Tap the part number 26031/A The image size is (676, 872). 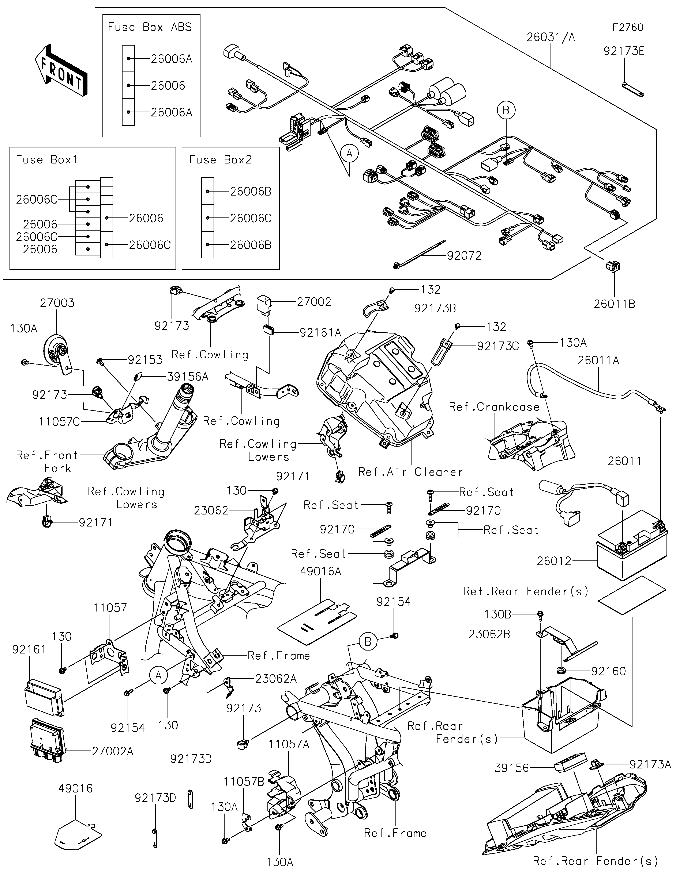coord(551,37)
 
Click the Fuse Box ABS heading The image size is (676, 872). coord(150,27)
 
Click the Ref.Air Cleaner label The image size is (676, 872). coord(410,472)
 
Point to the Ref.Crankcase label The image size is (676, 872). coord(494,407)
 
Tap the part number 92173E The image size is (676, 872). coord(624,51)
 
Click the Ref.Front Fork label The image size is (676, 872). coord(47,462)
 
